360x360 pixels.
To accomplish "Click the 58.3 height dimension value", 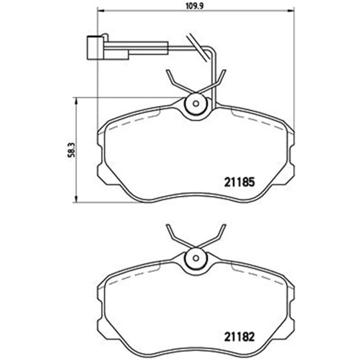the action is pos(72,150).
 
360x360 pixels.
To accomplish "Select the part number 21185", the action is pos(239,182).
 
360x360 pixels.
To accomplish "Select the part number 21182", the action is pos(239,337).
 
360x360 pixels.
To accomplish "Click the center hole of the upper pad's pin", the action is pos(196,104).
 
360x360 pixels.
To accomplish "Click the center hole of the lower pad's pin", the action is pos(196,258).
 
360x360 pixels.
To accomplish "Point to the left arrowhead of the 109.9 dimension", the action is pos(101,10).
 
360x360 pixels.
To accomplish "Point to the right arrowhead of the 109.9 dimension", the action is pos(291,10).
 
